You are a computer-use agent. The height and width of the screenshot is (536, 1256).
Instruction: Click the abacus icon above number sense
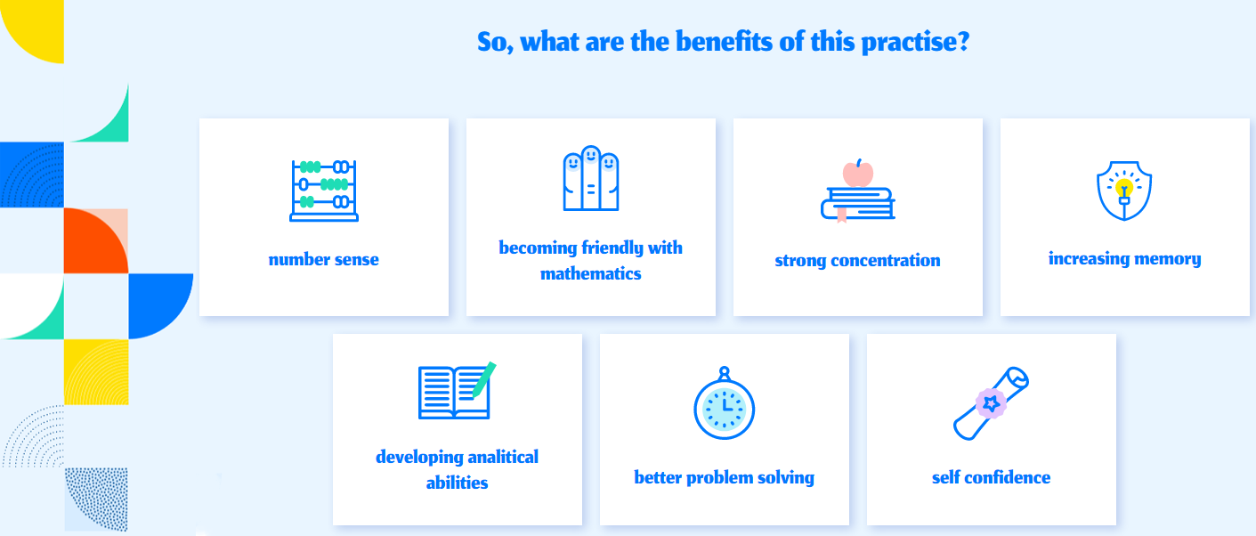tap(323, 191)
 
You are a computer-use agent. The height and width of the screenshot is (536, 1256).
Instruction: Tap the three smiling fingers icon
tap(590, 178)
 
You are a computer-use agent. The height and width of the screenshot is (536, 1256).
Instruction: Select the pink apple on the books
tap(858, 173)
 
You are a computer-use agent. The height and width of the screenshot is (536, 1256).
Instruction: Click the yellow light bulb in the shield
tap(1123, 187)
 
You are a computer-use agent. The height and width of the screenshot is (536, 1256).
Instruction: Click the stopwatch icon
tap(724, 402)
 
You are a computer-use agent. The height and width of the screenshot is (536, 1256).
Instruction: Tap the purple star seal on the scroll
tap(991, 403)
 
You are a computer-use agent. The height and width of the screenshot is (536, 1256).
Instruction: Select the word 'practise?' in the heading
tap(915, 43)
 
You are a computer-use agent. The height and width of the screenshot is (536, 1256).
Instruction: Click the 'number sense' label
tap(323, 260)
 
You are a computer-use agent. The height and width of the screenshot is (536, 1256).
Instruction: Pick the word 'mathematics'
tap(590, 273)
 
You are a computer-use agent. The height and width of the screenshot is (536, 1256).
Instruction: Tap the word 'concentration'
tap(886, 260)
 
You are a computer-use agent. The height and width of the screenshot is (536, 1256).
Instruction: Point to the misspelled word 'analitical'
tap(503, 457)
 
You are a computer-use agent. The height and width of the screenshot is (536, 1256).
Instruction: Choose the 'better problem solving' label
tap(724, 478)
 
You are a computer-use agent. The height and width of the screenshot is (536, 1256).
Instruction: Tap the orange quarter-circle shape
tap(96, 240)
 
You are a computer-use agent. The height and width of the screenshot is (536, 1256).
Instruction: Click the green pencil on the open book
tap(484, 379)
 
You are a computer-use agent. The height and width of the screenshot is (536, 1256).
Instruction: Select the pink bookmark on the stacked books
tap(841, 215)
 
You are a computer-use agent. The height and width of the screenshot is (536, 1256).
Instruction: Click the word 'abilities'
tap(457, 483)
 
